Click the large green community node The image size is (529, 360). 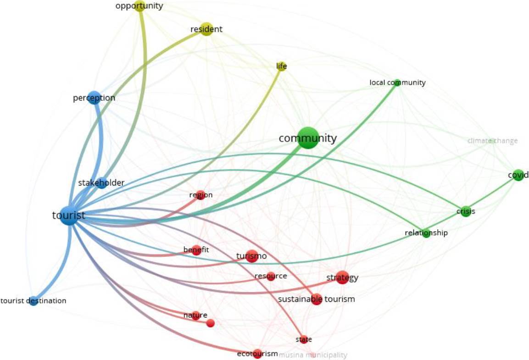(x=307, y=138)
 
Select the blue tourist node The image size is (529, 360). (x=69, y=216)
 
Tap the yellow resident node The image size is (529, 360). (x=206, y=29)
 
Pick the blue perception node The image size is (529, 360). (x=94, y=98)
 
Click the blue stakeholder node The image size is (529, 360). (x=102, y=183)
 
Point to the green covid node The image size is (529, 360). (x=518, y=175)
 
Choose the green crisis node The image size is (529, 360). (x=466, y=211)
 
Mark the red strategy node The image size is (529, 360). (x=342, y=277)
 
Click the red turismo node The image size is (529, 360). (x=251, y=256)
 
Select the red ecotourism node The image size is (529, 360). (x=257, y=354)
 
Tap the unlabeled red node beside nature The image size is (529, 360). (x=211, y=323)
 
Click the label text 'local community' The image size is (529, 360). (x=397, y=83)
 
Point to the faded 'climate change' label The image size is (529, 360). (x=492, y=141)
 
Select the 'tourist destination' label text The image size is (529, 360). (x=33, y=301)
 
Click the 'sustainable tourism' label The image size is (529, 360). (x=317, y=299)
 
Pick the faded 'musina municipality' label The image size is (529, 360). (x=313, y=355)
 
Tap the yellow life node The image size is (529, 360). (x=282, y=67)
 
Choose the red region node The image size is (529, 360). (x=200, y=195)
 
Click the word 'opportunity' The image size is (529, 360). (x=139, y=6)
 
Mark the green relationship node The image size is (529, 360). (x=426, y=233)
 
